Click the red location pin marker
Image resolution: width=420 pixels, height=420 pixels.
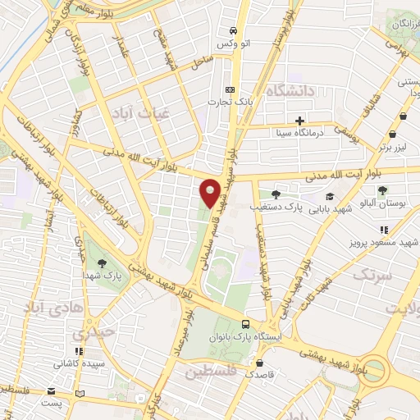211,194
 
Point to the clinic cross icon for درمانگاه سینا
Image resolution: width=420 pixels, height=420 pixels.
300,121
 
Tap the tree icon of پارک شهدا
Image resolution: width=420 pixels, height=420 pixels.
102,264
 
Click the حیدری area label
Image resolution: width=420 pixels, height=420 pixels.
89,335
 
